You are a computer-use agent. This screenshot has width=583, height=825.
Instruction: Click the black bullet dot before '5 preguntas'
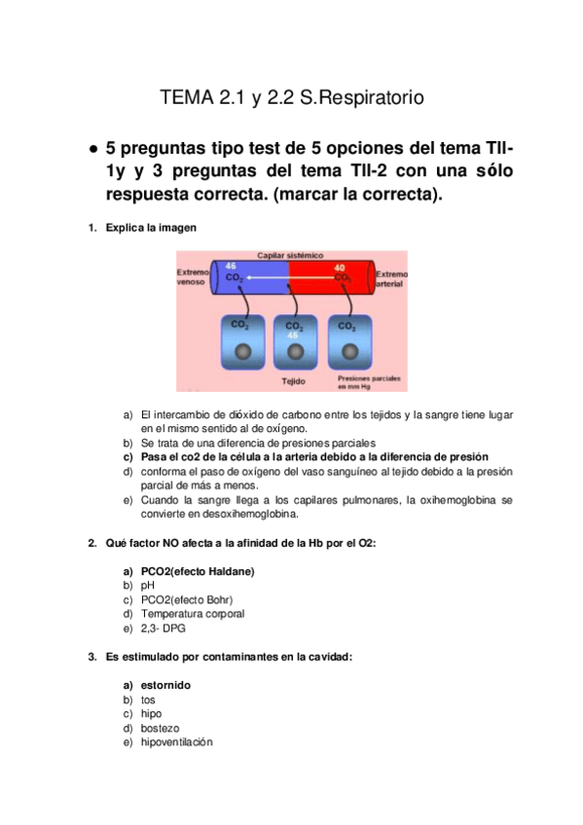93,150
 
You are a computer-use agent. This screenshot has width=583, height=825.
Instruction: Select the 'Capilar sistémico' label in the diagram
290,255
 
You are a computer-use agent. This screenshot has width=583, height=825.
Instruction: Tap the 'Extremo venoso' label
193,277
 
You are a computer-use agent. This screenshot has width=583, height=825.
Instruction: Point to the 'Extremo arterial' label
391,279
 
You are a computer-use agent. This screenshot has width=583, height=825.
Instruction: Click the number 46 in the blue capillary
231,267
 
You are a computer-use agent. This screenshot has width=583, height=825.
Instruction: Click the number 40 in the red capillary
340,268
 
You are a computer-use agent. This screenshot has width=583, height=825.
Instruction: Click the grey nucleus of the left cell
242,351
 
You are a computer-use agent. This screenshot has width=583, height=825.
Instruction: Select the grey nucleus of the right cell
350,351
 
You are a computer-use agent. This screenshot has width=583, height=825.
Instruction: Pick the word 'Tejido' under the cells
293,381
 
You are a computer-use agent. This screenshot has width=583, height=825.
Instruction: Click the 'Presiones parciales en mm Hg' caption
369,382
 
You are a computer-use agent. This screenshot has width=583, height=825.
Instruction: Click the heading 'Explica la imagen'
151,228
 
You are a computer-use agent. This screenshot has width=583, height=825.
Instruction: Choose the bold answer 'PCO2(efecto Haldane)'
198,571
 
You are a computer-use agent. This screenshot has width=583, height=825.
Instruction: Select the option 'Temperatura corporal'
193,614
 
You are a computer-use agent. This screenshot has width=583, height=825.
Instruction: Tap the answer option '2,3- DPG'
164,628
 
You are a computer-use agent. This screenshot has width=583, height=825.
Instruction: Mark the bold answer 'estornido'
165,685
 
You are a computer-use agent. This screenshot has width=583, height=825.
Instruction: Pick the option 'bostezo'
160,728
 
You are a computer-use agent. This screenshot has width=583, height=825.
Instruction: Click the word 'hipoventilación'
177,742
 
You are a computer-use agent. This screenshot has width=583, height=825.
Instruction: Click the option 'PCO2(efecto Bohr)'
187,600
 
